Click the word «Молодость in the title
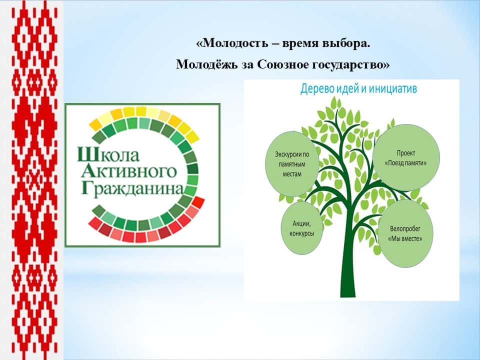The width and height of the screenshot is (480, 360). [232, 43]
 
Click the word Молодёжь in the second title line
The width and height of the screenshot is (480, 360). [206, 64]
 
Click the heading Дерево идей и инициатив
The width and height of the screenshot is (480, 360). [358, 88]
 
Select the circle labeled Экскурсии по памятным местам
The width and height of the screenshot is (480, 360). [292, 164]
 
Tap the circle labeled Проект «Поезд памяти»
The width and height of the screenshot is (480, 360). [406, 157]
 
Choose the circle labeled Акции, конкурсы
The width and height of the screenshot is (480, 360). [302, 228]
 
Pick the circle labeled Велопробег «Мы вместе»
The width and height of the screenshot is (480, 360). [405, 233]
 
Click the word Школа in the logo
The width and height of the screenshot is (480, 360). [108, 154]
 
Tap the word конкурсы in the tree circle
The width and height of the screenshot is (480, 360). [302, 233]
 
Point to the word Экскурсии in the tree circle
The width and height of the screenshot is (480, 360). [286, 154]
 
